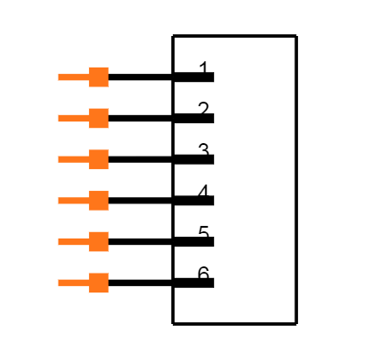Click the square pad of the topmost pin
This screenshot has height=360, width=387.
(x=98, y=77)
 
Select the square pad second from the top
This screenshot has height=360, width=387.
(x=98, y=118)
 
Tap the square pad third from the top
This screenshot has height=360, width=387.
(x=98, y=159)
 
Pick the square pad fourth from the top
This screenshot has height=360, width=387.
(x=98, y=201)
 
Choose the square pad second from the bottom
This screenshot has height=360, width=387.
(x=98, y=241)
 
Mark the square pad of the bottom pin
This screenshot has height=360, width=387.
(x=98, y=283)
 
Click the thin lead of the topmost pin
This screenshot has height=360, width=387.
(x=73, y=77)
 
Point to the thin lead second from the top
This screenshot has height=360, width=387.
(x=73, y=118)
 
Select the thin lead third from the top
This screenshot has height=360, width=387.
(x=73, y=159)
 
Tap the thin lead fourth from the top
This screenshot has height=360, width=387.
(x=73, y=201)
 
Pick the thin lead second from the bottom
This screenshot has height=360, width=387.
(x=73, y=241)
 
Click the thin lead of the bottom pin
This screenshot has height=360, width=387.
(x=73, y=283)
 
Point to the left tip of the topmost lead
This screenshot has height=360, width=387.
(x=58, y=77)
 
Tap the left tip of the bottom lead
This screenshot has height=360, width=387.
(x=58, y=283)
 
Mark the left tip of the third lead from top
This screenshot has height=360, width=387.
(x=58, y=159)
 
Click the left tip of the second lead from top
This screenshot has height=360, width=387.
(x=58, y=118)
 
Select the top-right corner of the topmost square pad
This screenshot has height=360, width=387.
(x=108, y=67)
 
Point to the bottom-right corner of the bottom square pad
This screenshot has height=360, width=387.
(x=108, y=292)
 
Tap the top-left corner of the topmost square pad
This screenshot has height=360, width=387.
(x=88, y=67)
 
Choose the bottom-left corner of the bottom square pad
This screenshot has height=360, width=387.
(x=88, y=292)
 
